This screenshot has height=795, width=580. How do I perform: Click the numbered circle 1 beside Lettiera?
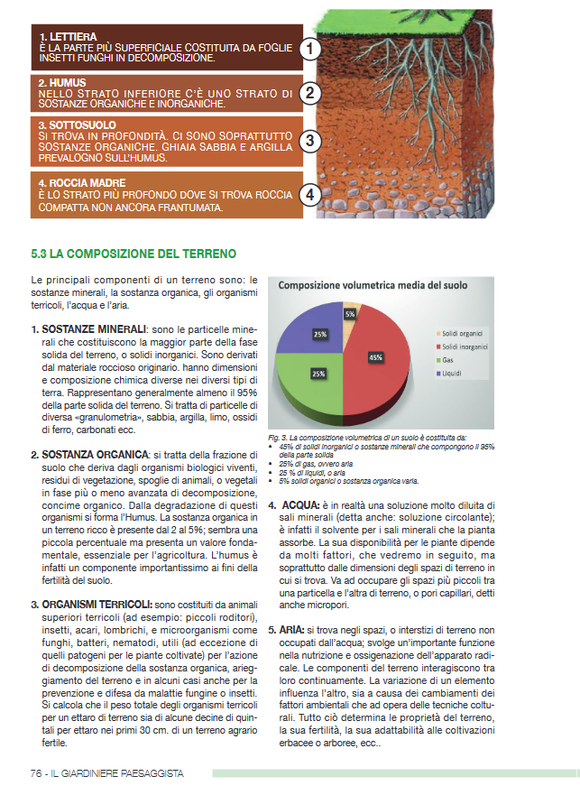[x=310, y=48]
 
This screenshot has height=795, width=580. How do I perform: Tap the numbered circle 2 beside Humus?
[x=310, y=93]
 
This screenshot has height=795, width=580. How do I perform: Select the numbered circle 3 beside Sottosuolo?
[x=310, y=141]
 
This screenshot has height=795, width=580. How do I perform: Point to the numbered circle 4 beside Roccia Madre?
[x=310, y=194]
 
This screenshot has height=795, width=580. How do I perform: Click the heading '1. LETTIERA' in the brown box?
[x=62, y=36]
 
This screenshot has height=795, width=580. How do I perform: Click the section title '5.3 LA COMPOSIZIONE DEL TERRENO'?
[x=133, y=254]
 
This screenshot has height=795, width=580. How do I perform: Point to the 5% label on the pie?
[x=349, y=314]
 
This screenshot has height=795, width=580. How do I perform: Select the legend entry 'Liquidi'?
[x=453, y=372]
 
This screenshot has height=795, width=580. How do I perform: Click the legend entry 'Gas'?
[x=447, y=359]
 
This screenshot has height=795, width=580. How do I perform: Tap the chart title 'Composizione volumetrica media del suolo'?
[x=373, y=285]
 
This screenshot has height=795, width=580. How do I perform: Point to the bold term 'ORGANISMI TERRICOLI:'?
[x=97, y=603]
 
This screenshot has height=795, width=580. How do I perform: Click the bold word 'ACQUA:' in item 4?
[x=303, y=504]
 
